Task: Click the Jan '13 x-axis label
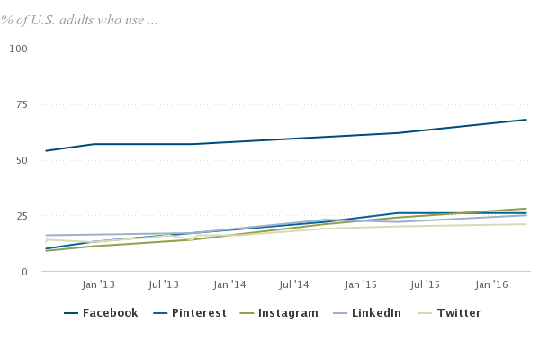pyautogui.click(x=98, y=284)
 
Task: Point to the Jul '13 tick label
pyautogui.click(x=164, y=284)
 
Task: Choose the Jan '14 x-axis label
pyautogui.click(x=229, y=284)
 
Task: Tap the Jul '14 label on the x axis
pyautogui.click(x=295, y=284)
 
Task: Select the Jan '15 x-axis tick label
pyautogui.click(x=360, y=284)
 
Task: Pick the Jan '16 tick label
pyautogui.click(x=491, y=284)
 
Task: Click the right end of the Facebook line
pyautogui.click(x=526, y=120)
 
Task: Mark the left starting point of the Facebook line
pyautogui.click(x=45, y=151)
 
